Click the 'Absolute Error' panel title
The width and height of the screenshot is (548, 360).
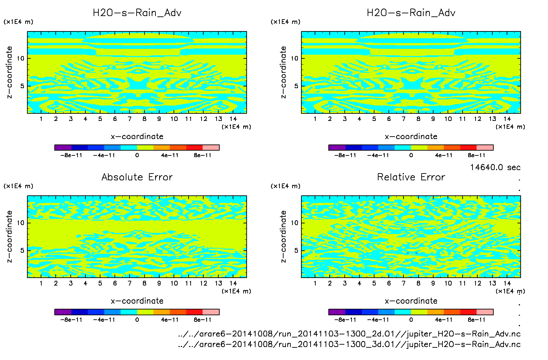click(x=137, y=177)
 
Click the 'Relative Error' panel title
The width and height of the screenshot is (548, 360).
click(x=411, y=177)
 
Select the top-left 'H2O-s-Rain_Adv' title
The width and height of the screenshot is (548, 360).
click(x=137, y=13)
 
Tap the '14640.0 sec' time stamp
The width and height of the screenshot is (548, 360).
click(x=495, y=167)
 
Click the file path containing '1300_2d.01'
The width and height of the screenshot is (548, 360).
click(x=349, y=334)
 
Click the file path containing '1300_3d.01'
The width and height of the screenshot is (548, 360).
click(x=349, y=344)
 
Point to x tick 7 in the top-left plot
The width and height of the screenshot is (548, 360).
click(x=129, y=119)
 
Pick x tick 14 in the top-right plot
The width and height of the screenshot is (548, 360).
click(x=507, y=119)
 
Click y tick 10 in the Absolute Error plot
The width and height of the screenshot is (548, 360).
click(x=21, y=223)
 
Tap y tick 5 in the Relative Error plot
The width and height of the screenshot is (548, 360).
click(x=296, y=250)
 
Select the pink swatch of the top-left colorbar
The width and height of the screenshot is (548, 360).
click(x=211, y=148)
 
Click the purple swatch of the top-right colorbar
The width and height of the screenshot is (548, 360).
click(x=337, y=148)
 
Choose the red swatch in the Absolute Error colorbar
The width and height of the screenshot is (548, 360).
click(x=194, y=312)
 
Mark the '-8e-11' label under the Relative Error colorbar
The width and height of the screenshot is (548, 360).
click(x=345, y=320)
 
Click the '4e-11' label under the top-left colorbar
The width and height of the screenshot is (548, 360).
click(x=170, y=155)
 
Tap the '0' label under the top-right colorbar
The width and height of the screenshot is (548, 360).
click(x=411, y=155)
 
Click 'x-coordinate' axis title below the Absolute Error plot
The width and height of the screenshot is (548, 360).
click(x=137, y=301)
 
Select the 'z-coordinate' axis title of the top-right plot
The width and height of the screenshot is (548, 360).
click(x=283, y=72)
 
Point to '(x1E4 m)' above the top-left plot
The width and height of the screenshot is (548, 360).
click(x=18, y=22)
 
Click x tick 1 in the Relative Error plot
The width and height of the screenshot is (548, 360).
click(x=315, y=283)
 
